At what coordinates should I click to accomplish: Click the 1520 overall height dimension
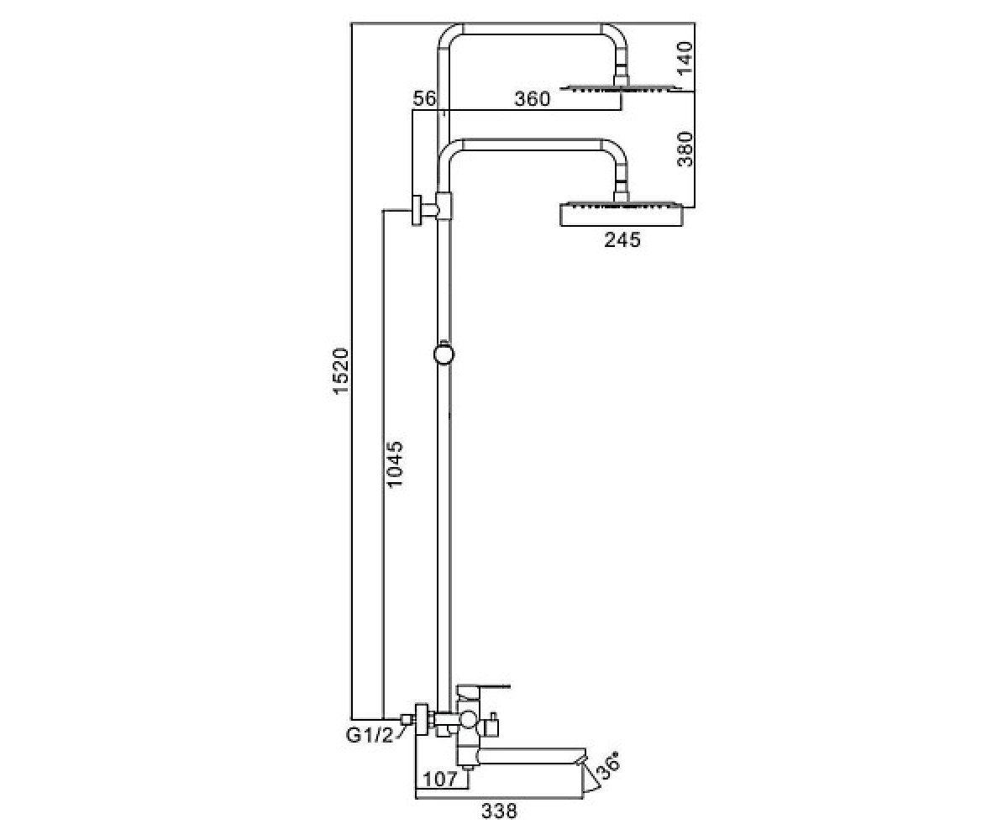pos(341,370)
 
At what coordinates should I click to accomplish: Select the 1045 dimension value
pos(395,465)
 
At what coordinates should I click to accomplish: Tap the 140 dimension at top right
pos(685,58)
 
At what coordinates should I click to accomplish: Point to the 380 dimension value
pos(685,150)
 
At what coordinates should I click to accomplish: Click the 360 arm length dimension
pos(532,99)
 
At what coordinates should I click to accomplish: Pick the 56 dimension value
pos(424,99)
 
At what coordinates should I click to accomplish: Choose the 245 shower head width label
pos(622,239)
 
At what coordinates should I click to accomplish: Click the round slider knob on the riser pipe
pos(444,354)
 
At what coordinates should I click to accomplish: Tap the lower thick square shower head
pos(622,214)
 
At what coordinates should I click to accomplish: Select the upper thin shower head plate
pos(621,88)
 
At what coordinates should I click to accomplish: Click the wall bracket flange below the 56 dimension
pos(417,210)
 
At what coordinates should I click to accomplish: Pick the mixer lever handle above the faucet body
pos(483,687)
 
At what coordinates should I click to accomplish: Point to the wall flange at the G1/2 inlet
pos(423,720)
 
